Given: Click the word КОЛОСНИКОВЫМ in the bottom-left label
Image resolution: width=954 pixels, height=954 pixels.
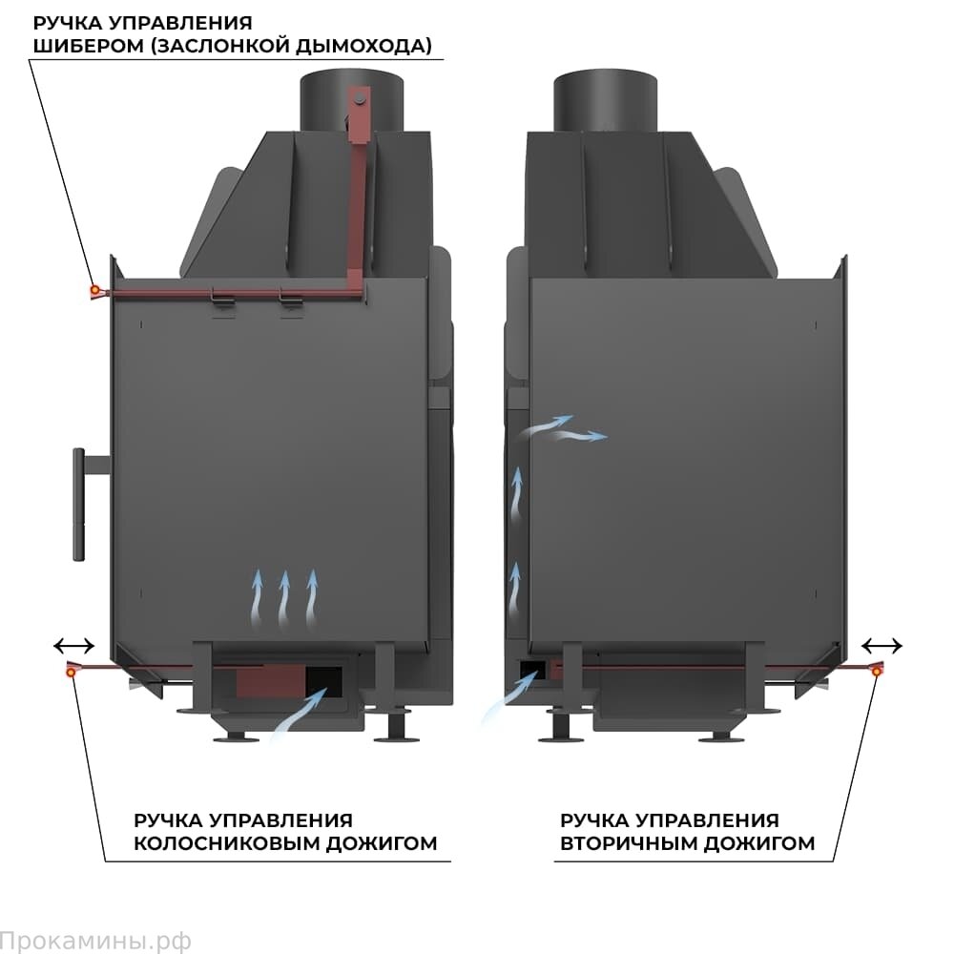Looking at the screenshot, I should click(x=211, y=843).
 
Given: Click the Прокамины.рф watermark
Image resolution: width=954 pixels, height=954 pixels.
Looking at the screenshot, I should click(x=95, y=941).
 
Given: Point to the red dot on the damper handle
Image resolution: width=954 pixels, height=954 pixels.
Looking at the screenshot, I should click(x=93, y=290).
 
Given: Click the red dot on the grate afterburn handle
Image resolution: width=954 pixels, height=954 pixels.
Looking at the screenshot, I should click(x=71, y=673).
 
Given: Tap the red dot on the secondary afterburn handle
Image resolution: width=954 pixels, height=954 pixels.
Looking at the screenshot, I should click(x=877, y=673).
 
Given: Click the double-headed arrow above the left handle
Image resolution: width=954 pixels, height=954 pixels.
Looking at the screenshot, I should click(x=73, y=645).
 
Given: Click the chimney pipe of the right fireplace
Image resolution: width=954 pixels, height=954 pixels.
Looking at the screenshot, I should click(x=605, y=100).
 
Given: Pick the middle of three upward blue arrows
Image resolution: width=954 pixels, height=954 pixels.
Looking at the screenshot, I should click(x=283, y=599).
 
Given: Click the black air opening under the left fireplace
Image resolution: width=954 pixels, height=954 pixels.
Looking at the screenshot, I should click(x=324, y=678).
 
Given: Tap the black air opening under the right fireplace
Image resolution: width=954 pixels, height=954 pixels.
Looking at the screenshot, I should click(x=530, y=668).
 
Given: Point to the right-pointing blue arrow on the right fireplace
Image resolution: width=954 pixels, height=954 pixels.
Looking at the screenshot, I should click(x=582, y=436).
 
